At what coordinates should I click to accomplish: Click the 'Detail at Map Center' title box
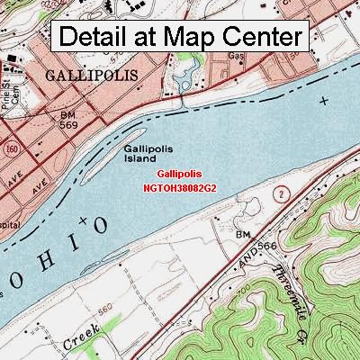tap(181, 38)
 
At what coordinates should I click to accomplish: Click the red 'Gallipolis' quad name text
tap(179, 174)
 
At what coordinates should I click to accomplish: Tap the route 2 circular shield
tap(282, 193)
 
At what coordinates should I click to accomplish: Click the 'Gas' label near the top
tap(237, 55)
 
